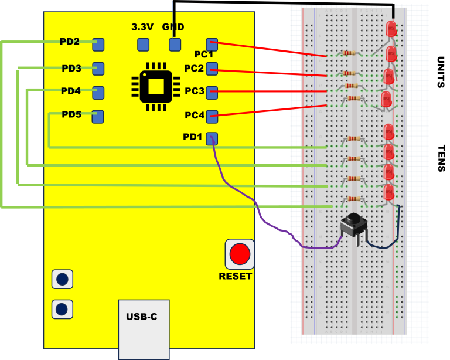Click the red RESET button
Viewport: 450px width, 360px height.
pos(240,254)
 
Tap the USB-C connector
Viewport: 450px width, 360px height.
pos(144,328)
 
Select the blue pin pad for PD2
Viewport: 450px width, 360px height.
pos(98,44)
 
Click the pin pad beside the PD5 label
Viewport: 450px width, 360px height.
pos(97,116)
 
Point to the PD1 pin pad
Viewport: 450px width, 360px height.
pos(212,138)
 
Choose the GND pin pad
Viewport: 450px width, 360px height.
pos(174,44)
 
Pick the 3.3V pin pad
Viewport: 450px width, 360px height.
pos(143,44)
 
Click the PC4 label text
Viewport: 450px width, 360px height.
pos(194,116)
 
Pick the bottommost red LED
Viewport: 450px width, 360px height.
pos(388,192)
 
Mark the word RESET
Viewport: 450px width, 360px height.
pos(236,276)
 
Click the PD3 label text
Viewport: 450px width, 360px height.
pos(71,69)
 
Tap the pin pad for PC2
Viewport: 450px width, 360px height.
pos(212,69)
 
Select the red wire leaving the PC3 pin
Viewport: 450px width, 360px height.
pos(270,91)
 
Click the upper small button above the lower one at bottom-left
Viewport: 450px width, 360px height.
pos(62,279)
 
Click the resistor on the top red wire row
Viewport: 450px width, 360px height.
pos(349,53)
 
